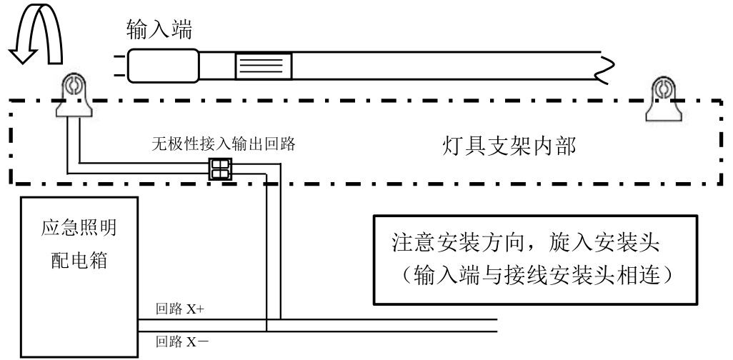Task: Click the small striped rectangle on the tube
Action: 264,66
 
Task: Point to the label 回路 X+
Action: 180,310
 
